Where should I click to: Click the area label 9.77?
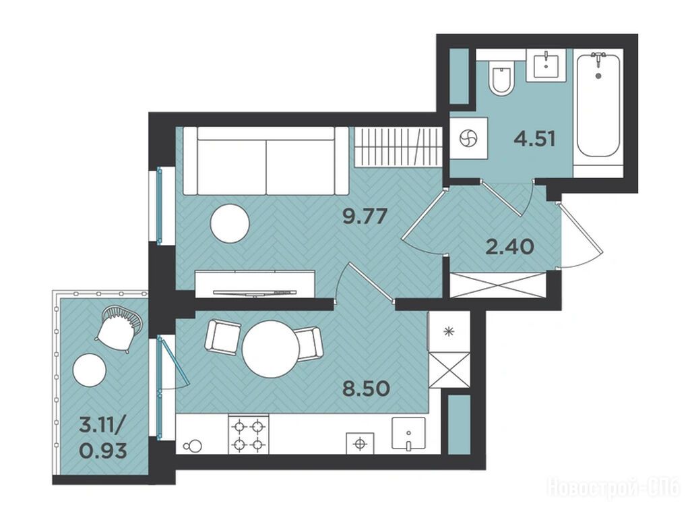pyautogui.click(x=365, y=217)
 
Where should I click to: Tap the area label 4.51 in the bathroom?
pyautogui.click(x=534, y=139)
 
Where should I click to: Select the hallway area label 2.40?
pyautogui.click(x=509, y=247)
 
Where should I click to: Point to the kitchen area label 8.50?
pyautogui.click(x=367, y=389)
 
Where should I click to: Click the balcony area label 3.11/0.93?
pyautogui.click(x=103, y=438)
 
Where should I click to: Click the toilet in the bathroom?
pyautogui.click(x=502, y=78)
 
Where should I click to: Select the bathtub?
pyautogui.click(x=598, y=105)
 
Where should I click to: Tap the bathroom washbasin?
pyautogui.click(x=546, y=66)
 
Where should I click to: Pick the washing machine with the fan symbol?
pyautogui.click(x=469, y=138)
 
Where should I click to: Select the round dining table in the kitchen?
pyautogui.click(x=271, y=349)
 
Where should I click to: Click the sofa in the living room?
pyautogui.click(x=265, y=161)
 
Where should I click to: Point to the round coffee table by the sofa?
pyautogui.click(x=230, y=223)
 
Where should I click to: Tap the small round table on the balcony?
pyautogui.click(x=90, y=370)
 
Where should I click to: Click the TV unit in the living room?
pyautogui.click(x=255, y=284)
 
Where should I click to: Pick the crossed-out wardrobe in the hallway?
pyautogui.click(x=498, y=285)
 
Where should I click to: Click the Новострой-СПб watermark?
pyautogui.click(x=613, y=488)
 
